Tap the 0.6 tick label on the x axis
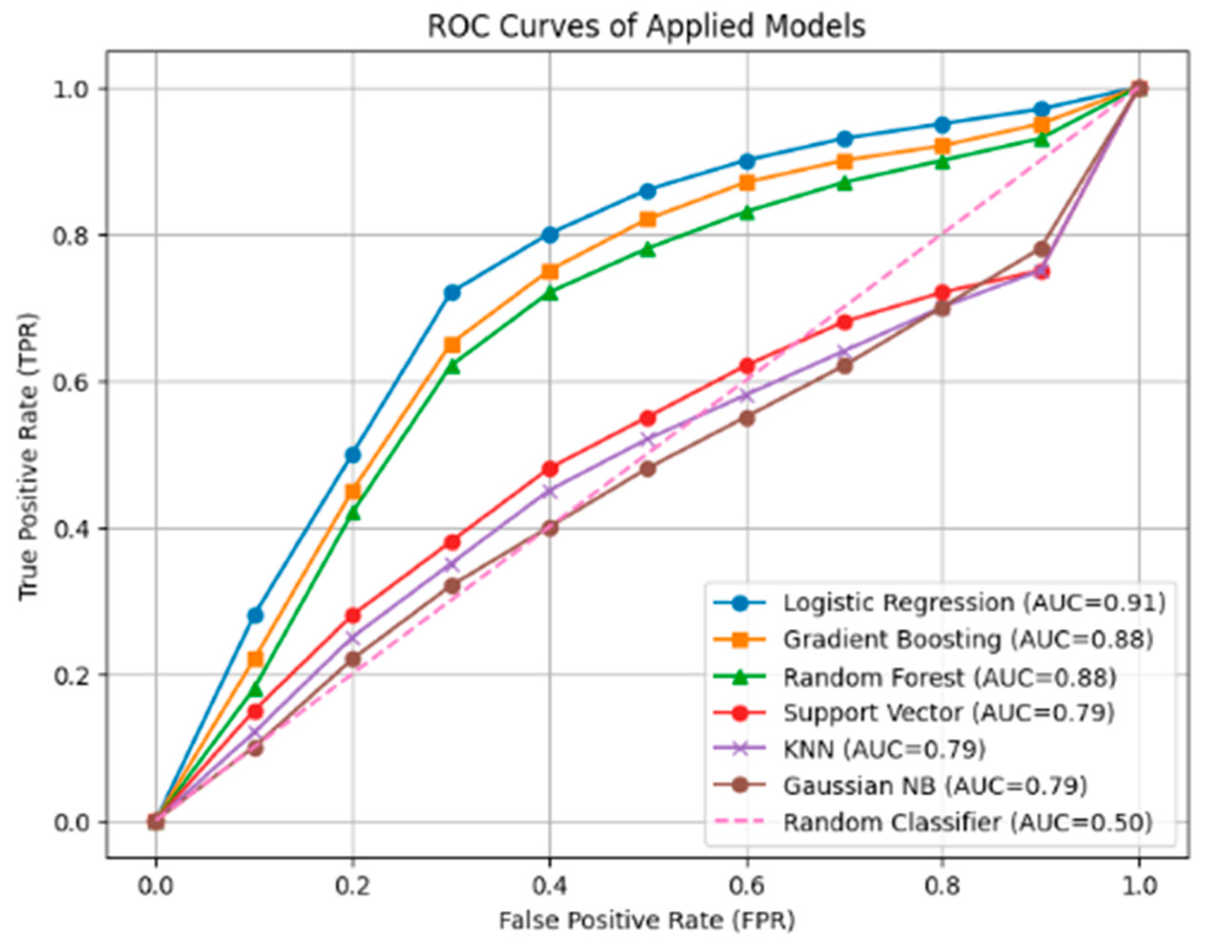point(747,886)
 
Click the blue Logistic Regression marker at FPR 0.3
point(453,293)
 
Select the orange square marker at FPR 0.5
point(648,220)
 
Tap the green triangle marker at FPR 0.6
point(747,212)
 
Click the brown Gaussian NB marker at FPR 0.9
point(1042,249)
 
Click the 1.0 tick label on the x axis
point(1139,886)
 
